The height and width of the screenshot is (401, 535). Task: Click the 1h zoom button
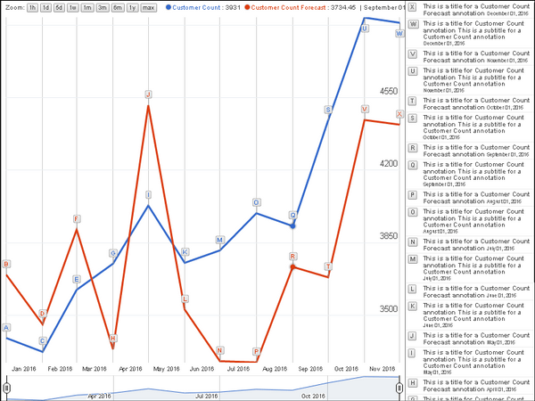point(32,7)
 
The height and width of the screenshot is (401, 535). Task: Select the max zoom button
point(148,7)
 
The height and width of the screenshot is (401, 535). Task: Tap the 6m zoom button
point(118,7)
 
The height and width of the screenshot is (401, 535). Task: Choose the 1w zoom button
point(73,7)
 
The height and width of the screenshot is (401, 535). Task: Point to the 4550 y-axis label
point(388,91)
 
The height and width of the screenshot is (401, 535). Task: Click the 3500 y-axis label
point(388,309)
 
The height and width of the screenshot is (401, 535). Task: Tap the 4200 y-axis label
point(388,164)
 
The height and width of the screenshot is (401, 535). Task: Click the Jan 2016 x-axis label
point(24,368)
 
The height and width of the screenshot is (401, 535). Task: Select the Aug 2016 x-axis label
point(274,368)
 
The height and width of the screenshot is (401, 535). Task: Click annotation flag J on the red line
point(148,94)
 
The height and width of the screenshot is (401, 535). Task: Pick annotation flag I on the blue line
point(148,194)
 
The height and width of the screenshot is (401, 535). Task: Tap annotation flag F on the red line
point(77,218)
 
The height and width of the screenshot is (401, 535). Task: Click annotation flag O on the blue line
point(256,202)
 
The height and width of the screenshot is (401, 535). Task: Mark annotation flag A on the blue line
point(7,327)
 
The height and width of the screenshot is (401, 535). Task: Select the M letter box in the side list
point(412,259)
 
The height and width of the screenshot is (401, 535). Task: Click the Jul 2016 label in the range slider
point(207,396)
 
